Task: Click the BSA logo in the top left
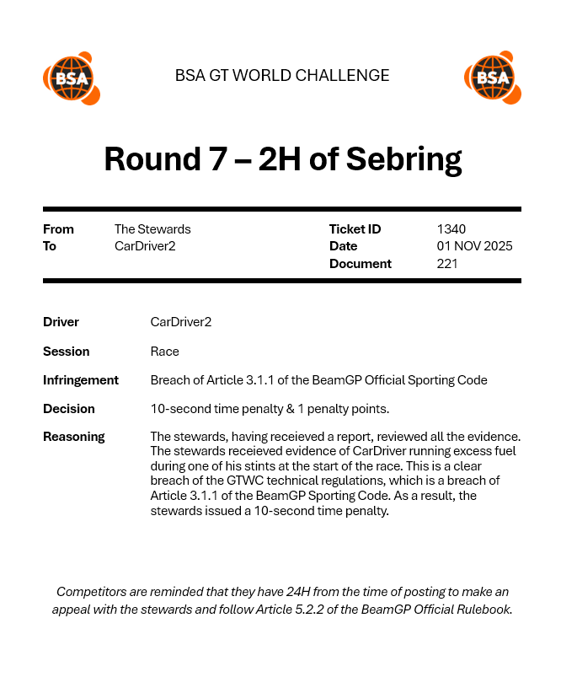pyautogui.click(x=71, y=78)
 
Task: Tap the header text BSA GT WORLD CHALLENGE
pyautogui.click(x=282, y=76)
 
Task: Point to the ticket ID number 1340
pyautogui.click(x=451, y=229)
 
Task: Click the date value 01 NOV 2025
pyautogui.click(x=474, y=246)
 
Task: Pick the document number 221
pyautogui.click(x=447, y=264)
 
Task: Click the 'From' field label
pyautogui.click(x=58, y=229)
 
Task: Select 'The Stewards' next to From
pyautogui.click(x=152, y=229)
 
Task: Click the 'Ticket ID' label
pyautogui.click(x=355, y=229)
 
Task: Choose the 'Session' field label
pyautogui.click(x=66, y=352)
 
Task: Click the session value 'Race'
pyautogui.click(x=164, y=352)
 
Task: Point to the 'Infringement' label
pyautogui.click(x=81, y=380)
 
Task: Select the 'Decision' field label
pyautogui.click(x=69, y=409)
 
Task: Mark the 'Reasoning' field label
pyautogui.click(x=74, y=437)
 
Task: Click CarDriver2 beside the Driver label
pyautogui.click(x=181, y=322)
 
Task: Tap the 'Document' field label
pyautogui.click(x=360, y=264)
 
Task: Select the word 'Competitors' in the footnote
pyautogui.click(x=95, y=592)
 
